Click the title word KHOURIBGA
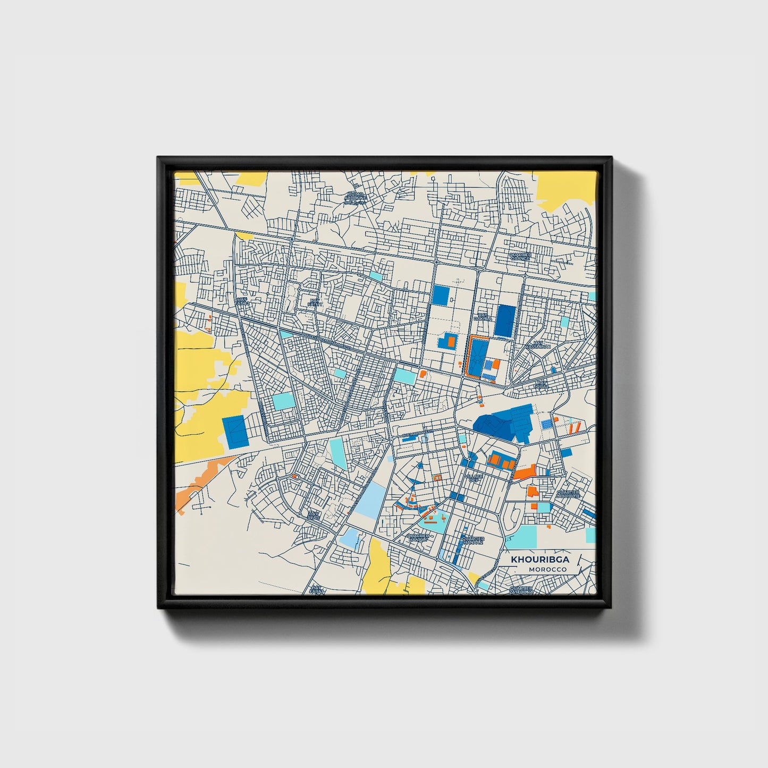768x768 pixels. tap(539, 559)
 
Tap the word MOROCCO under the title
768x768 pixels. tap(547, 569)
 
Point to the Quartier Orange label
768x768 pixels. tap(520, 257)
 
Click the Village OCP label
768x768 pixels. tap(473, 478)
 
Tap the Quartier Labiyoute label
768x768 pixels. tap(568, 494)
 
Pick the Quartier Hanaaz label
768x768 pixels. tap(472, 541)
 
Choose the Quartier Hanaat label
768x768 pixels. tap(418, 538)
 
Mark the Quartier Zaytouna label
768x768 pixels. tap(520, 590)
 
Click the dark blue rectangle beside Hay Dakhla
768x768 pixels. tap(505, 320)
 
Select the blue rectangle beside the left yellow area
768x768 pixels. tap(234, 431)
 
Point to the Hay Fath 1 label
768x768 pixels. tap(316, 303)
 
